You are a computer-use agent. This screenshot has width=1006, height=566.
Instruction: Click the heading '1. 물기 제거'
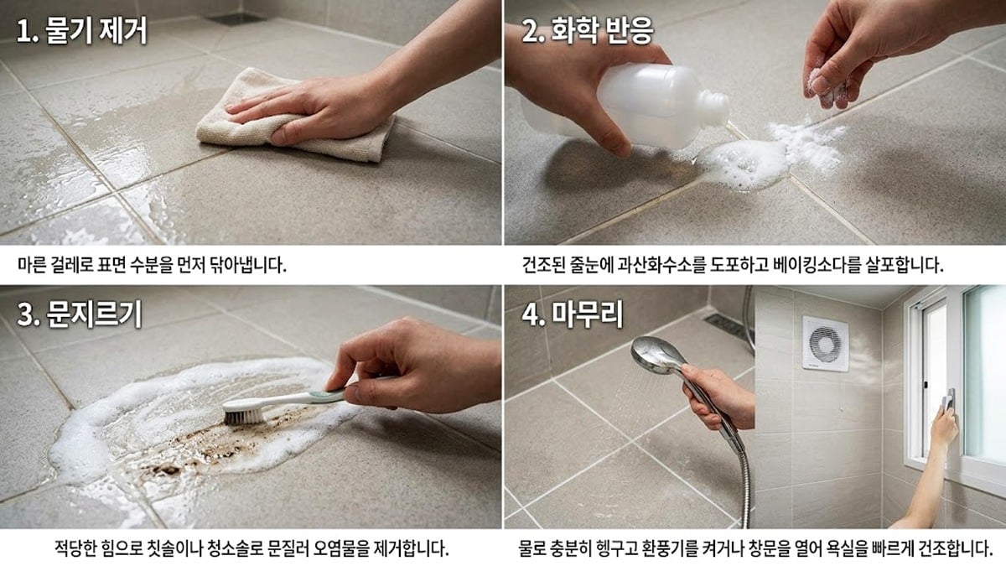(82, 32)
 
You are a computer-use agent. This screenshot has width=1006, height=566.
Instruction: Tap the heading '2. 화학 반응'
(588, 32)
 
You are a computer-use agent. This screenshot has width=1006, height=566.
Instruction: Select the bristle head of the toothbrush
(242, 411)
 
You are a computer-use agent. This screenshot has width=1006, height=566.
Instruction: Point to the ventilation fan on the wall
(825, 342)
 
